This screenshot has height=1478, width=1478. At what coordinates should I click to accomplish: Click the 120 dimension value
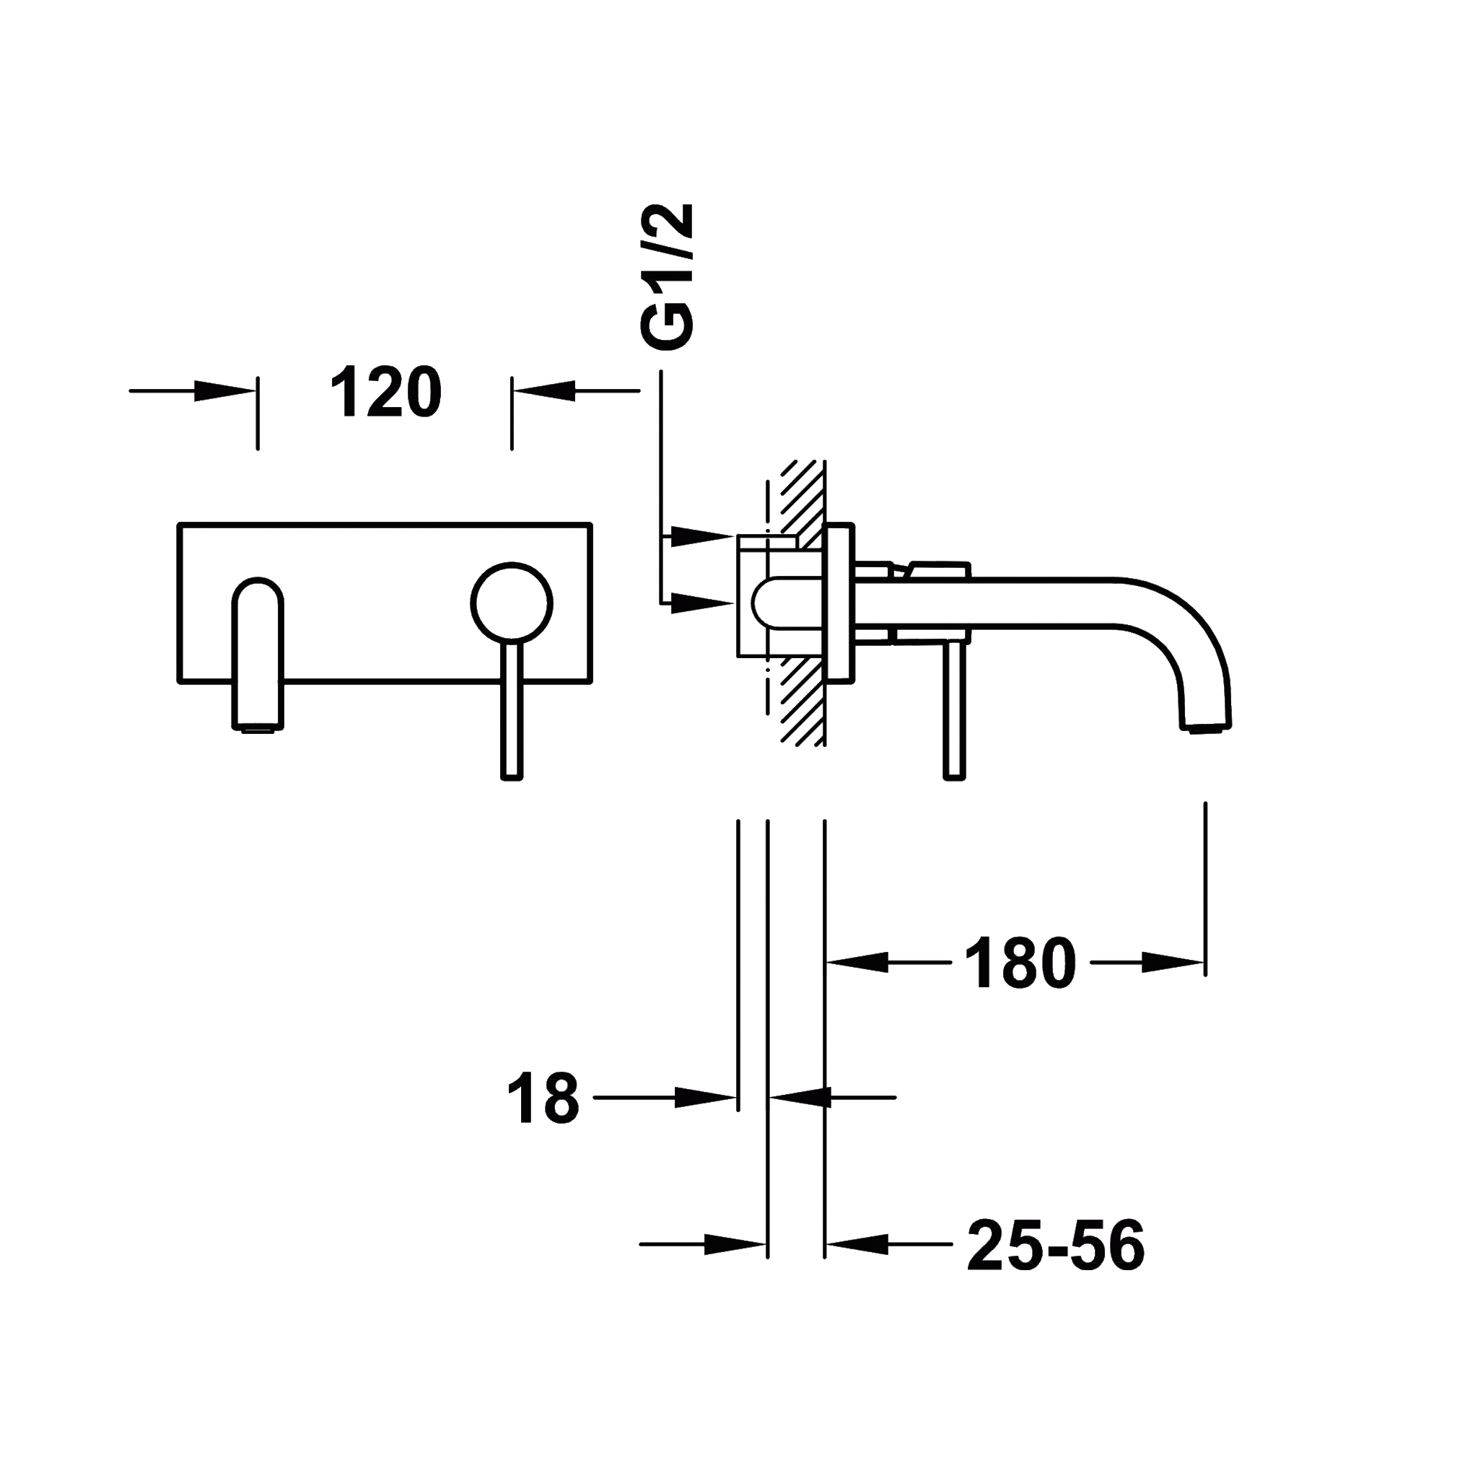[x=385, y=391]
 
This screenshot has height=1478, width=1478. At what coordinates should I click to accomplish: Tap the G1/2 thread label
[x=667, y=277]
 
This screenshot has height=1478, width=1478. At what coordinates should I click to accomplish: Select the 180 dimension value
[x=1020, y=963]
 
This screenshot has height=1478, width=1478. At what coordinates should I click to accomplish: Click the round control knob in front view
[x=511, y=603]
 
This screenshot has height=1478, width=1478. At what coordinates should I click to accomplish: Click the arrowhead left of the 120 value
[x=224, y=391]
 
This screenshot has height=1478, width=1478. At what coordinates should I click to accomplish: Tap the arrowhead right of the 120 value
[x=545, y=391]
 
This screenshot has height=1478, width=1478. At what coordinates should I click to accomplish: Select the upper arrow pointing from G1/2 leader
[x=702, y=535]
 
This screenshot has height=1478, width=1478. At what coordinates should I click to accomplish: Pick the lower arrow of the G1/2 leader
[x=702, y=603]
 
